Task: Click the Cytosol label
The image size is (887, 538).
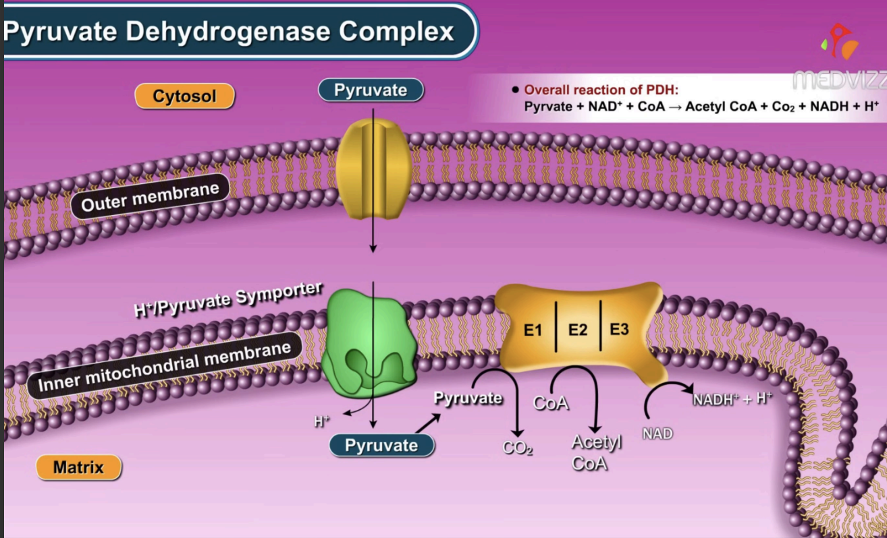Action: pyautogui.click(x=184, y=96)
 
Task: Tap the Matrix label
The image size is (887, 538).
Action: pyautogui.click(x=78, y=467)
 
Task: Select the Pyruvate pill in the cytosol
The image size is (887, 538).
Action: pyautogui.click(x=371, y=90)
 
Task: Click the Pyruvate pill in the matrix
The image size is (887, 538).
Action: pyautogui.click(x=381, y=445)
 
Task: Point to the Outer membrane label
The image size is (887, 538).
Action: pyautogui.click(x=150, y=196)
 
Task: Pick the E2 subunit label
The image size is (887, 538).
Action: pyautogui.click(x=579, y=330)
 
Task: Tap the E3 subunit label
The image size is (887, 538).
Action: pyautogui.click(x=619, y=329)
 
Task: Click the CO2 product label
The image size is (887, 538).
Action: pyautogui.click(x=518, y=448)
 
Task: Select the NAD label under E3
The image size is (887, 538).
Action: pyautogui.click(x=657, y=434)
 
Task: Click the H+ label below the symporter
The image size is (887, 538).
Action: pyautogui.click(x=321, y=422)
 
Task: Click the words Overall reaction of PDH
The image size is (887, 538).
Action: pyautogui.click(x=601, y=90)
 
